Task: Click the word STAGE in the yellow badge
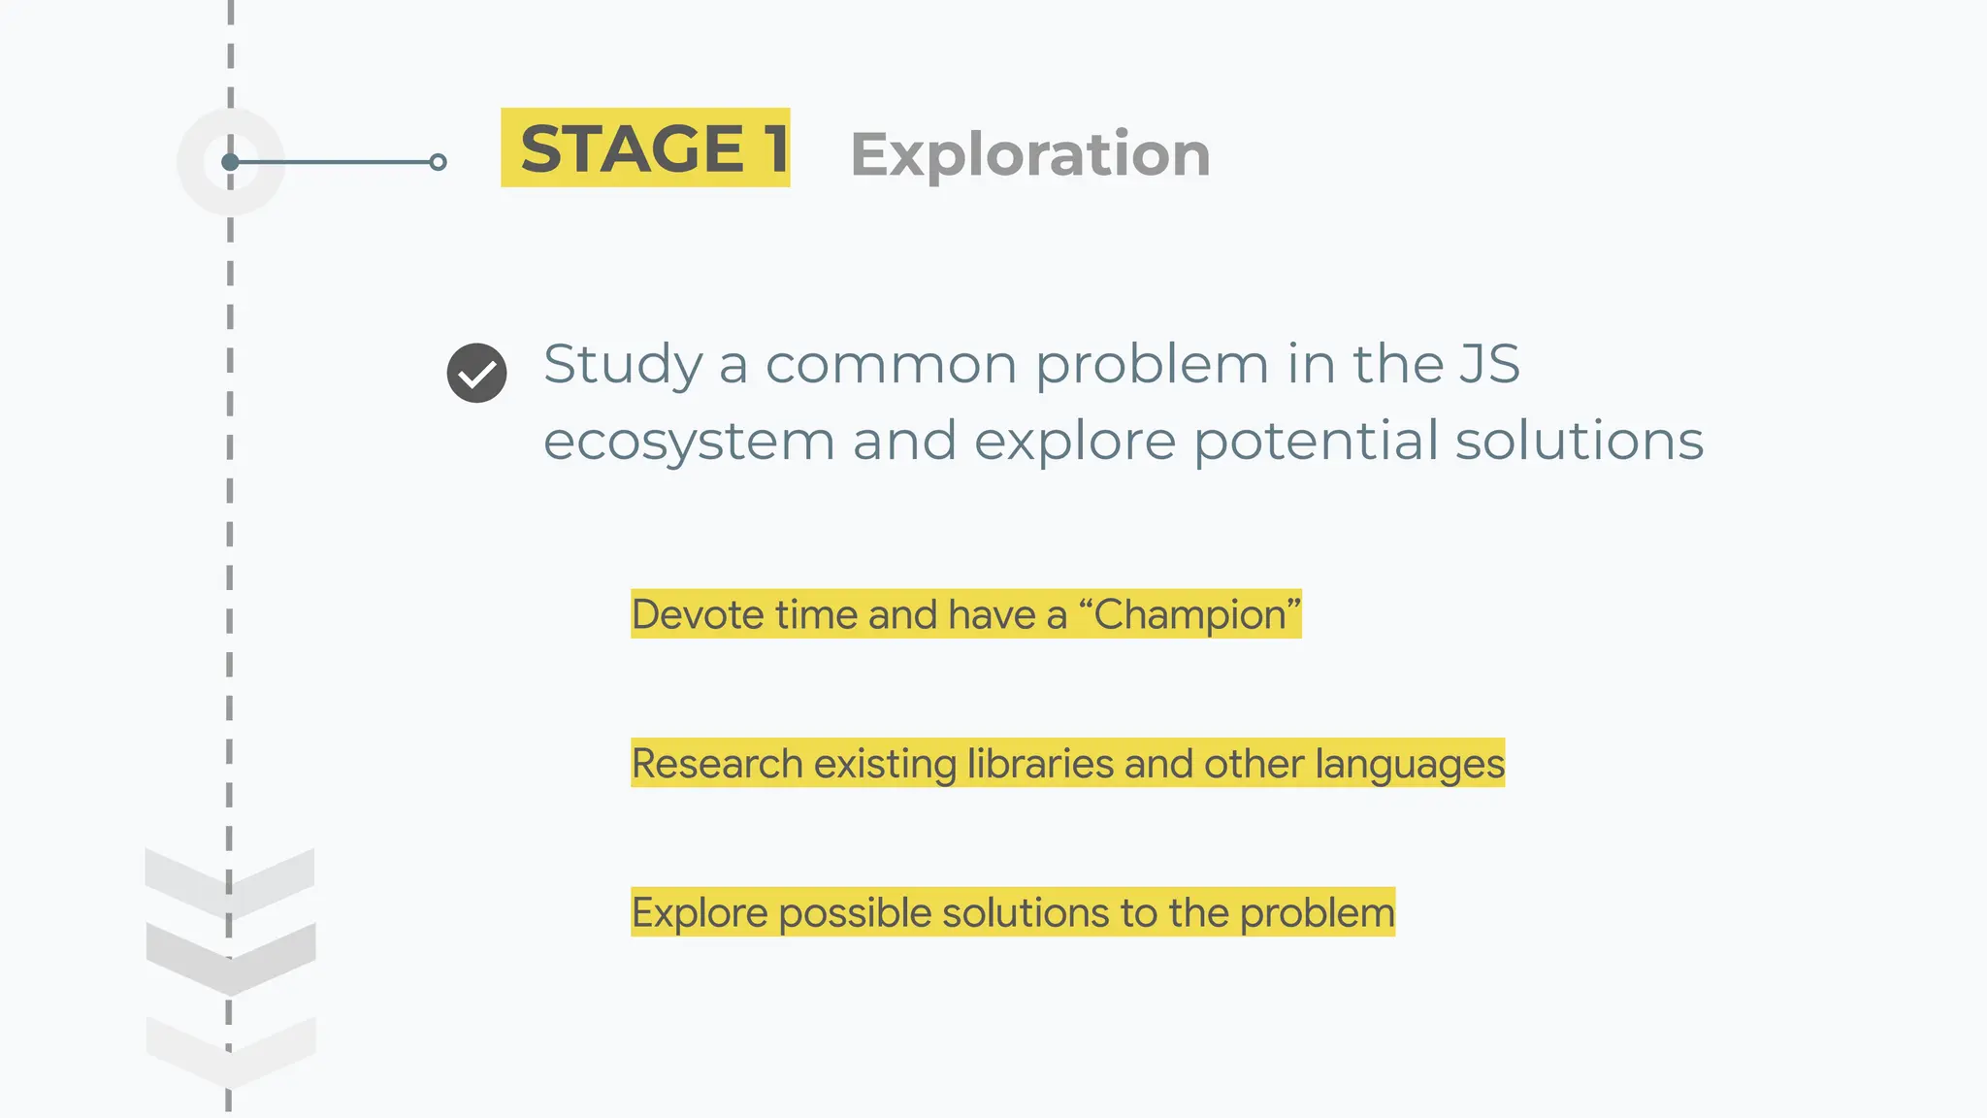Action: click(632, 149)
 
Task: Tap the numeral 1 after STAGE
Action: click(775, 149)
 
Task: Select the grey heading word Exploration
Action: click(1029, 154)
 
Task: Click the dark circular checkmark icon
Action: click(476, 373)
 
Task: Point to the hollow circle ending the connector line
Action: click(439, 162)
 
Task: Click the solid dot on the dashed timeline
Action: click(230, 162)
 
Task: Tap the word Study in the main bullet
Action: click(622, 365)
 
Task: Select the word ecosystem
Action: click(688, 442)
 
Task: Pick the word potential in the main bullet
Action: click(1316, 442)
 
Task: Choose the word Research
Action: click(717, 764)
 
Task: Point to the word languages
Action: click(1410, 764)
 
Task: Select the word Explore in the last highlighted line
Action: click(699, 913)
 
